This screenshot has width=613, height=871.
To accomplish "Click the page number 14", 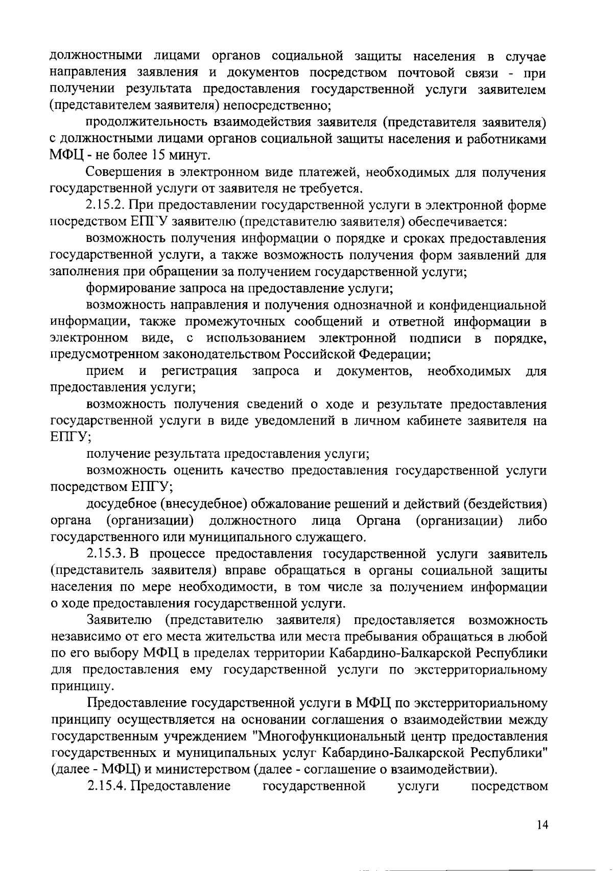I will pos(543,824).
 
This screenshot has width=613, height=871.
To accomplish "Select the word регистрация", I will pos(199,371).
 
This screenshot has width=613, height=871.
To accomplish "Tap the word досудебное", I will pos(122,504).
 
